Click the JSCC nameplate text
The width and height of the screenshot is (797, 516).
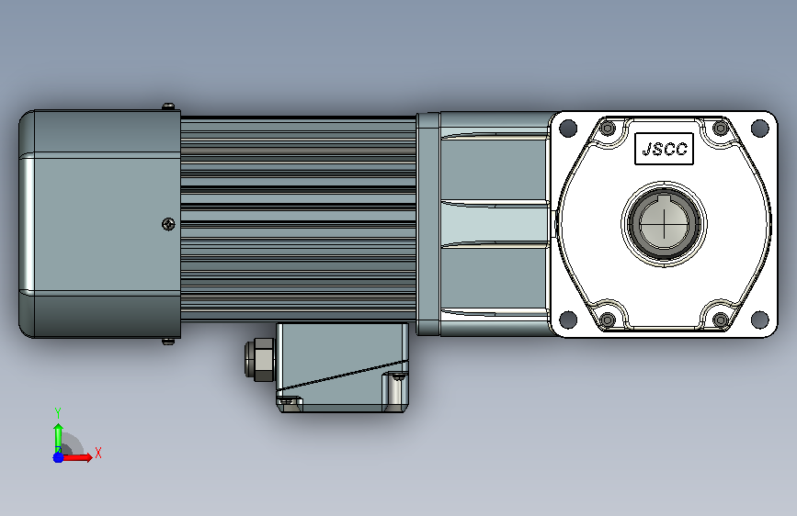pyautogui.click(x=665, y=149)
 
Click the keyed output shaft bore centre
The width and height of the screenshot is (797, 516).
pyautogui.click(x=664, y=223)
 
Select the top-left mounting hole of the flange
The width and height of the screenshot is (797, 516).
pyautogui.click(x=568, y=128)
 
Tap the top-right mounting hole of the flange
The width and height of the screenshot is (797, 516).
pyautogui.click(x=760, y=128)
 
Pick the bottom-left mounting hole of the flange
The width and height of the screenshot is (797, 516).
pyautogui.click(x=568, y=320)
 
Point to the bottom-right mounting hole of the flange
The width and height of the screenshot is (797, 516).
pyautogui.click(x=760, y=320)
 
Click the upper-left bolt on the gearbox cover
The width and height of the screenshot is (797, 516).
pyautogui.click(x=608, y=128)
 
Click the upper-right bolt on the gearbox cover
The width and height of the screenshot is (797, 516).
pyautogui.click(x=721, y=128)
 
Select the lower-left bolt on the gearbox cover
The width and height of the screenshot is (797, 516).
pyautogui.click(x=608, y=320)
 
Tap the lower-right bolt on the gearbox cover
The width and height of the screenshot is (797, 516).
pyautogui.click(x=721, y=320)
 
